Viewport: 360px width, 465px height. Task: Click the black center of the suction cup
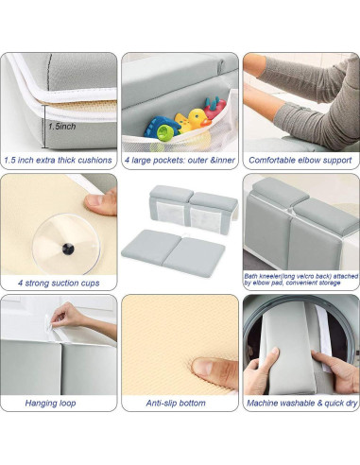[x=68, y=249]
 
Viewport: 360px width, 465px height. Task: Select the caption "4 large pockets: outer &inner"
[x=178, y=161]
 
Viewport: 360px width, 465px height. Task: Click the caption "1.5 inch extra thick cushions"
[x=60, y=161]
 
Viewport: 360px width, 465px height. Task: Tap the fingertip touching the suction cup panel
[x=94, y=202]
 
